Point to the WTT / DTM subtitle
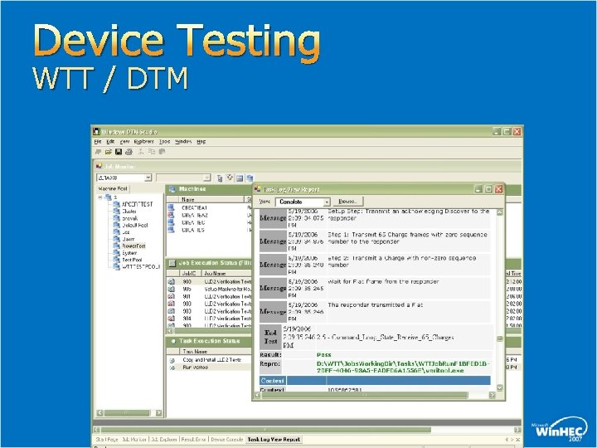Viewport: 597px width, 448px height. (110, 80)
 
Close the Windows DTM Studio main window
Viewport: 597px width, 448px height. (518, 131)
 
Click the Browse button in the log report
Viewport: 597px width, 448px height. (348, 202)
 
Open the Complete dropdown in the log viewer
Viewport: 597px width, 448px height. (327, 202)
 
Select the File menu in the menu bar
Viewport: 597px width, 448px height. (98, 142)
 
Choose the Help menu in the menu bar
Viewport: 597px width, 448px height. (201, 142)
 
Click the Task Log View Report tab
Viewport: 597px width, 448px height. (274, 439)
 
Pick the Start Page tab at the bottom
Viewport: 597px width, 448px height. (107, 439)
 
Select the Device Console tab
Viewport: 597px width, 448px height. (227, 439)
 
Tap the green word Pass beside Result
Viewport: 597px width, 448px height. (324, 354)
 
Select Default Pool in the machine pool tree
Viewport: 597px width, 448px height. (134, 225)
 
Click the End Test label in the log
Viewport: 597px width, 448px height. (271, 337)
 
